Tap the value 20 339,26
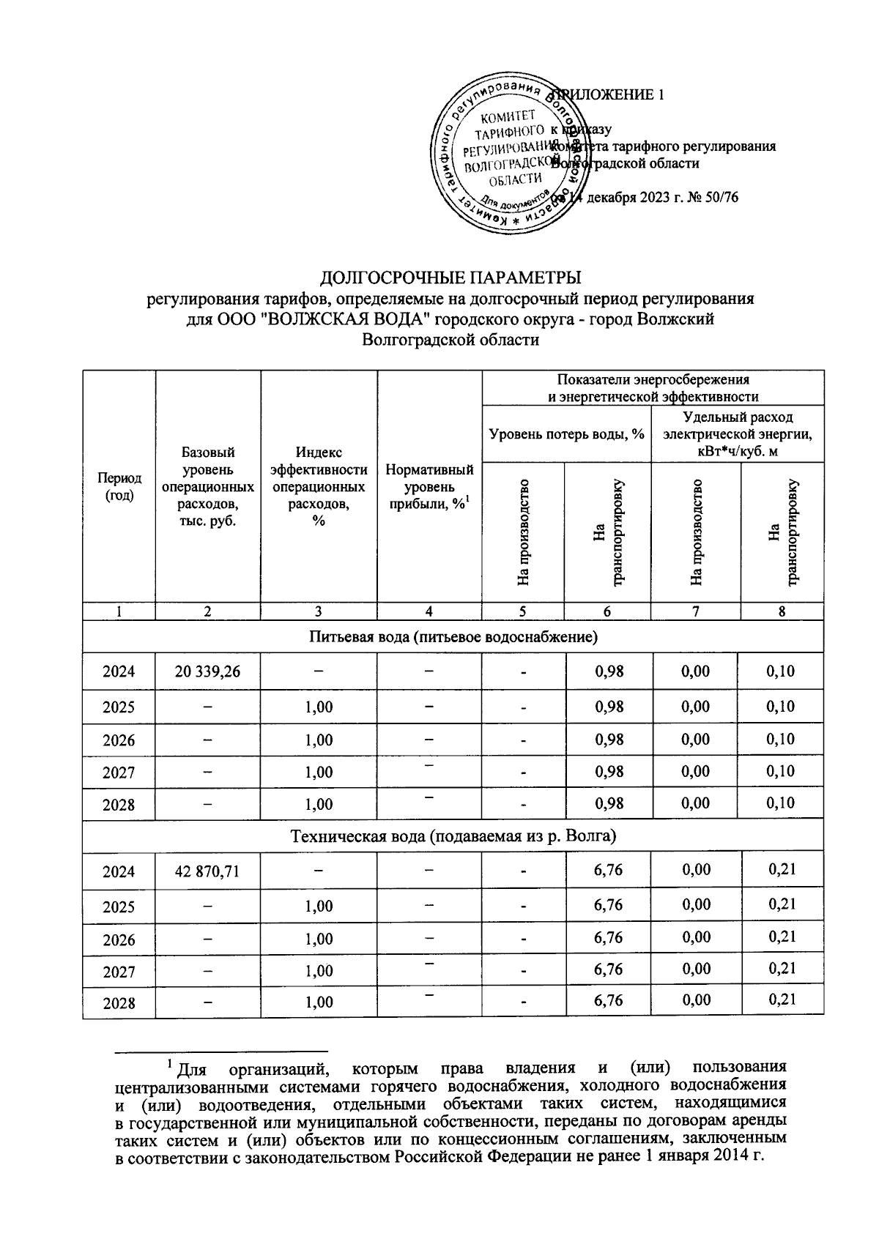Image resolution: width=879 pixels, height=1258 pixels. (208, 671)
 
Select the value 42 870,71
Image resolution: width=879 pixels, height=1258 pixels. (208, 872)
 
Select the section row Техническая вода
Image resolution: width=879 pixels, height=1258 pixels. (453, 836)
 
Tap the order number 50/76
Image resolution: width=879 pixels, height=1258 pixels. (725, 198)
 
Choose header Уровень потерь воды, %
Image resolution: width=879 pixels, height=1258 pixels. (566, 434)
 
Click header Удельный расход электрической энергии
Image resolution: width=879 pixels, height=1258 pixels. (737, 434)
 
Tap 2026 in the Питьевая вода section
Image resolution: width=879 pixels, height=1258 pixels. (119, 740)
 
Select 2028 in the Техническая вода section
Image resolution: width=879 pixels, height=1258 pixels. (119, 1003)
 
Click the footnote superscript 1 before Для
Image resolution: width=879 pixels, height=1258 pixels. (170, 1062)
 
